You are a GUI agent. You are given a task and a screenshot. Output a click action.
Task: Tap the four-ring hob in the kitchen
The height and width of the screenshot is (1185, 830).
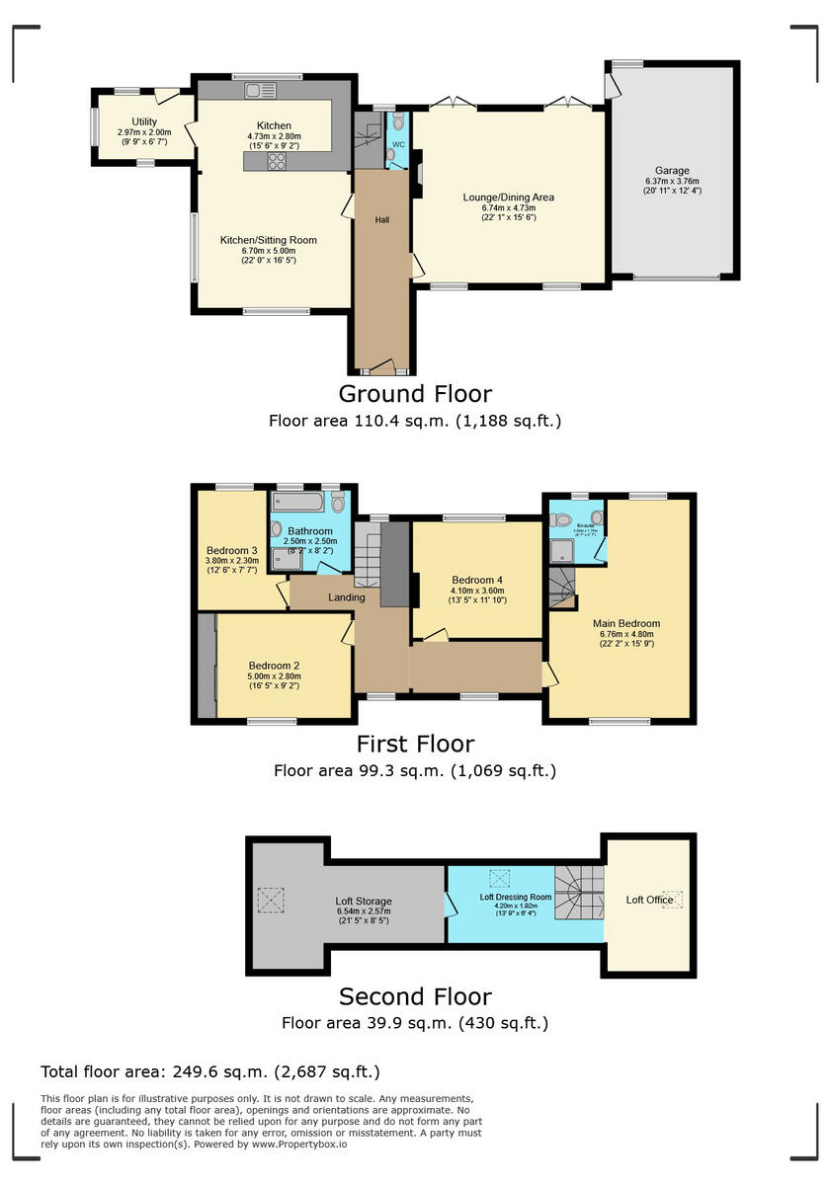tap(277, 162)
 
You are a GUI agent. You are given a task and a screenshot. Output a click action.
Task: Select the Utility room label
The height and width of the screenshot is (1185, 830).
tap(130, 121)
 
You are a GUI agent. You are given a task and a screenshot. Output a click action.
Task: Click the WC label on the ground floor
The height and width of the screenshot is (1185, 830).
tap(398, 145)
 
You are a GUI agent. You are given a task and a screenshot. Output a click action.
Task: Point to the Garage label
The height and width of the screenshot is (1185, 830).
tap(672, 170)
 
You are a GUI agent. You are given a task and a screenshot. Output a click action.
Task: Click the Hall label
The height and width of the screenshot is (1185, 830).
tap(381, 219)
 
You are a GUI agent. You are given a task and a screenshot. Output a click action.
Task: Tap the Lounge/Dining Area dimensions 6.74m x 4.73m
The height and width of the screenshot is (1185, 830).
tap(508, 207)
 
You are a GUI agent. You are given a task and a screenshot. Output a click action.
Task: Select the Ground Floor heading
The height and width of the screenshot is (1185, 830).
tap(415, 394)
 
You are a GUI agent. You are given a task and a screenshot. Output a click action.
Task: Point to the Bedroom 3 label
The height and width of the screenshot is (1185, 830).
tap(232, 551)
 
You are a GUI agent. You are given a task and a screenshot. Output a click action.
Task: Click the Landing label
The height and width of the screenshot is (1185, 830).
tap(347, 597)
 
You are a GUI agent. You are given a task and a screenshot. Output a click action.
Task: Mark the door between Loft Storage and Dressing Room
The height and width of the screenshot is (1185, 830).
tap(449, 903)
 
